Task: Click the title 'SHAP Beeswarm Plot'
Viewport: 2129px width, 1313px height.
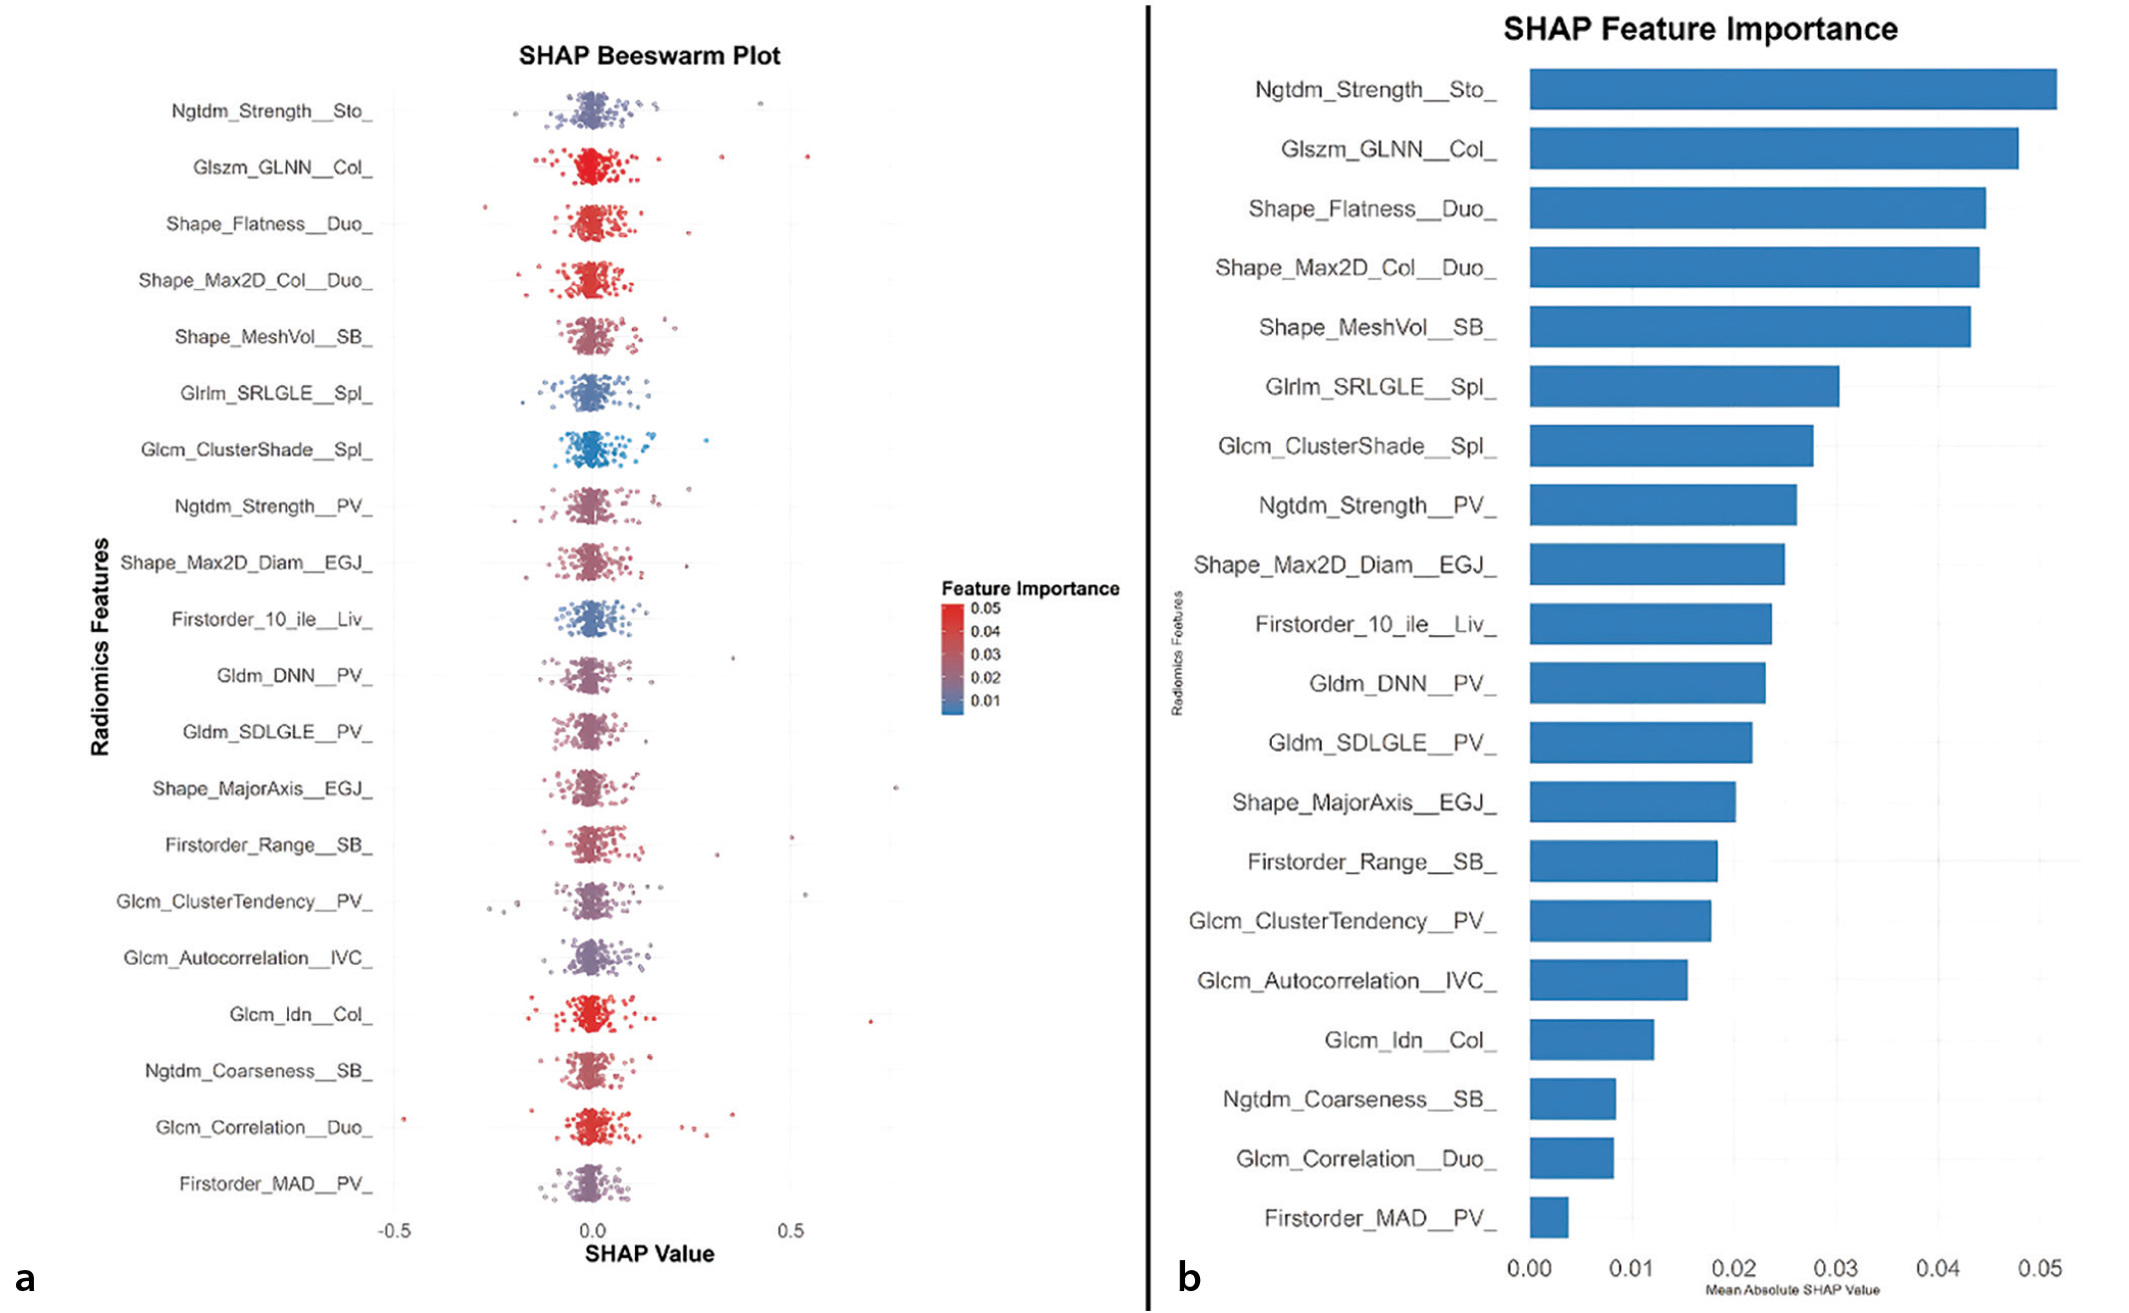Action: click(x=649, y=56)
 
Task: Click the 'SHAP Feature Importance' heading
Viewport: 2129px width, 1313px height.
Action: click(x=1700, y=29)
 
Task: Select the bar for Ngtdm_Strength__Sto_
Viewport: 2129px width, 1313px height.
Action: click(x=1793, y=89)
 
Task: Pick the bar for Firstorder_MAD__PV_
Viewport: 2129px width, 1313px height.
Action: click(x=1549, y=1217)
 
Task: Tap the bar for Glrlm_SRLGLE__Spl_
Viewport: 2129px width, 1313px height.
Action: click(x=1684, y=386)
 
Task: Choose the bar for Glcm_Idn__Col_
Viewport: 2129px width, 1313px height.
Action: click(x=1592, y=1040)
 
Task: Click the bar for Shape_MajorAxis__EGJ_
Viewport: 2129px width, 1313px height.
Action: click(x=1633, y=802)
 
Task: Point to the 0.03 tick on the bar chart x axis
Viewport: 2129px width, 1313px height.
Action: click(x=1835, y=1268)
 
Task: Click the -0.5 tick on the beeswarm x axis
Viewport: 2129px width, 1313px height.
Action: click(x=394, y=1230)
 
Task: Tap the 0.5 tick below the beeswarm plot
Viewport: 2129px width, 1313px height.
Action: click(x=790, y=1230)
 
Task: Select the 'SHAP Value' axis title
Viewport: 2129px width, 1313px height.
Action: click(x=649, y=1253)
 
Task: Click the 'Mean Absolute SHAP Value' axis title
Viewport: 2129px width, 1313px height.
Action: click(x=1792, y=1290)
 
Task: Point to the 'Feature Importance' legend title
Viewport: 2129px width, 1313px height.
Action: click(x=1031, y=588)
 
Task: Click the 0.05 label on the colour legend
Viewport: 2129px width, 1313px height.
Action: click(x=986, y=608)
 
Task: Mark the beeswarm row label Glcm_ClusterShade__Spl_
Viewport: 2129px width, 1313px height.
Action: click(x=256, y=450)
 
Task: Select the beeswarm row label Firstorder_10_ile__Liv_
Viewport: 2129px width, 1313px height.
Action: click(x=272, y=619)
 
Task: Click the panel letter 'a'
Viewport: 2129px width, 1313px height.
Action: click(x=25, y=1278)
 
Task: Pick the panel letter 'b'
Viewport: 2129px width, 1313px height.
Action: click(x=1189, y=1276)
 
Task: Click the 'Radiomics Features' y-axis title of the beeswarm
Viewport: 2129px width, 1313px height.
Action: click(x=100, y=647)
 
